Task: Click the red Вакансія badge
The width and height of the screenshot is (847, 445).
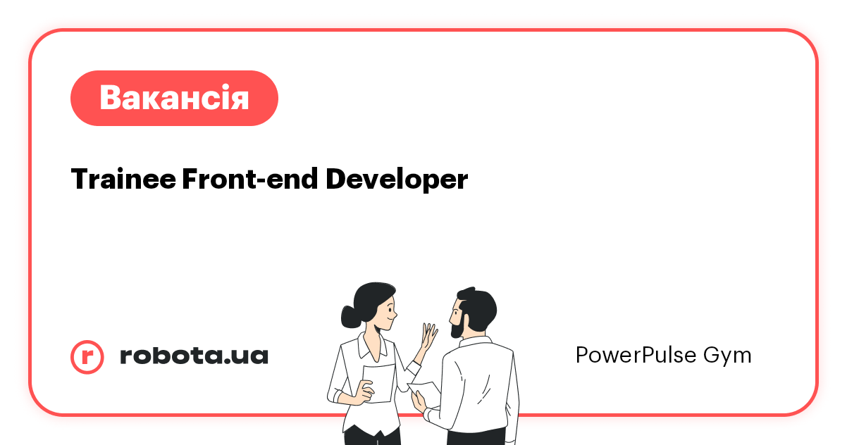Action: coord(174,98)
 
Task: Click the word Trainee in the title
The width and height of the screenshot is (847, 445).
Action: coord(123,180)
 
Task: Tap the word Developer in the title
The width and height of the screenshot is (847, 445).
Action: coord(397,180)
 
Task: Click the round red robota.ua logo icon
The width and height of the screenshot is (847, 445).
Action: coord(87,356)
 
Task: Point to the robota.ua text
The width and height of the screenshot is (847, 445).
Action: coord(194,356)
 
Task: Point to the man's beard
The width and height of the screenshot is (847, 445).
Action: coord(458,325)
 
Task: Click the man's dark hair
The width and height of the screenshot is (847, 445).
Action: coord(479,303)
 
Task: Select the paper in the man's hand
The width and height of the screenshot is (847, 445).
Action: coord(425,389)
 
